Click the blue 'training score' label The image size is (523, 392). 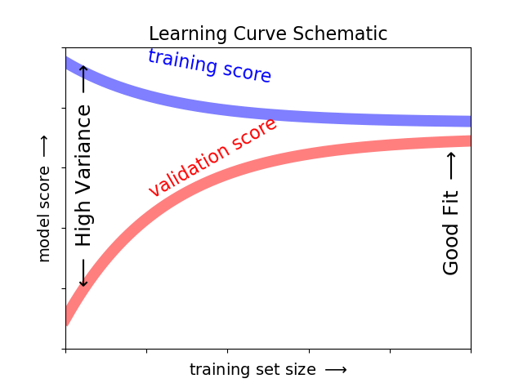click(209, 66)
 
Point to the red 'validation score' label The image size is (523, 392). click(212, 156)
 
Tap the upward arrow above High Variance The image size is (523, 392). click(83, 79)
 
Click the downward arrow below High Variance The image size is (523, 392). click(83, 273)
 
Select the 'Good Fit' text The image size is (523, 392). click(451, 233)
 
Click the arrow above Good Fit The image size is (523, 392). click(451, 167)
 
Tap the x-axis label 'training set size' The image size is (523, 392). click(253, 370)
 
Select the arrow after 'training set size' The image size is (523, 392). click(336, 370)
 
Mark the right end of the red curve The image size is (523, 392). click(469, 141)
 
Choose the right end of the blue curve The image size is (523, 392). click(469, 121)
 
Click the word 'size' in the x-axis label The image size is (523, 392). click(300, 370)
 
